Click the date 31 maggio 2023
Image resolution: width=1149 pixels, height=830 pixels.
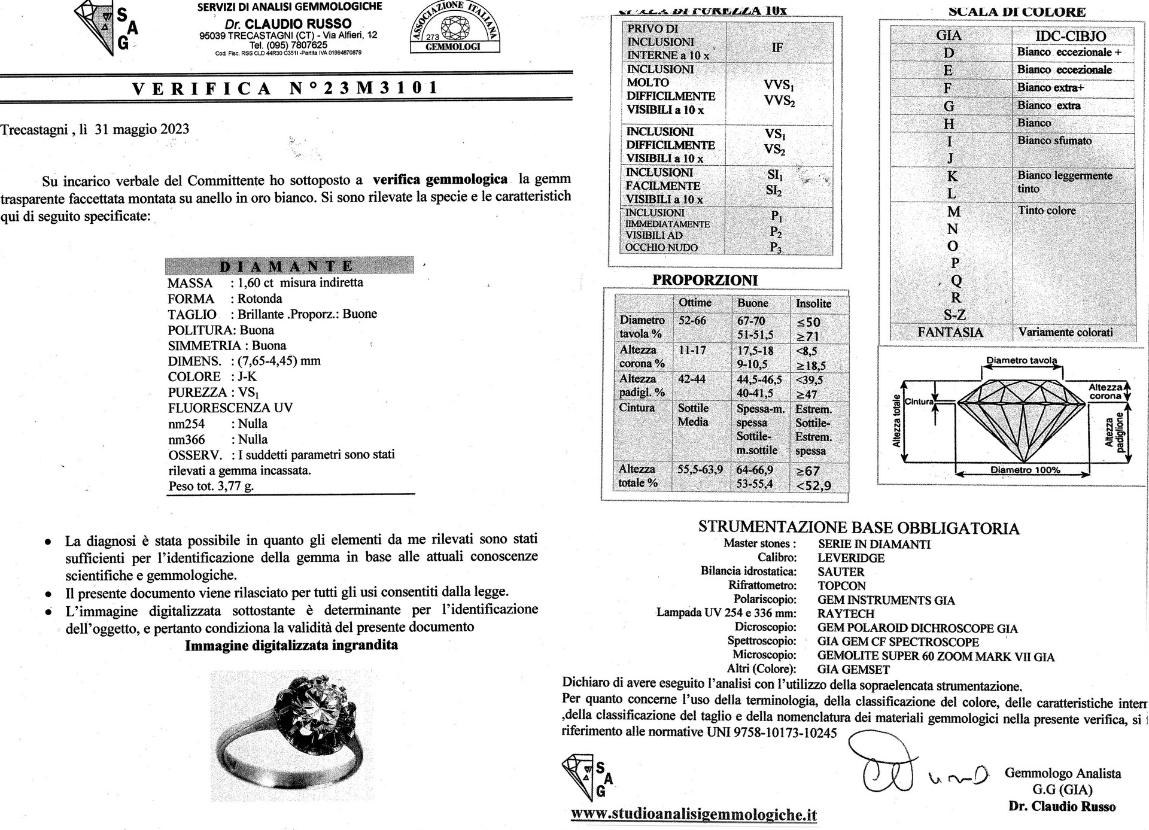[x=142, y=129]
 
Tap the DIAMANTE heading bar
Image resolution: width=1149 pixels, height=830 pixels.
[x=289, y=266]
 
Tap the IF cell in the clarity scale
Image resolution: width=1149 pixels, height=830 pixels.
[x=777, y=47]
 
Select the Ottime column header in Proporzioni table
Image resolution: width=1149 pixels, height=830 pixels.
[x=695, y=303]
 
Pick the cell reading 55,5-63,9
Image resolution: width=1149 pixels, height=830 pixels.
[x=700, y=470]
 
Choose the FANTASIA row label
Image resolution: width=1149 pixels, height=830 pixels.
[x=950, y=332]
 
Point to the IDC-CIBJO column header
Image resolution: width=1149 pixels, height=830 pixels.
[x=1071, y=36]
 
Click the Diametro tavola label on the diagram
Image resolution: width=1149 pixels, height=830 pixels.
[x=1022, y=360]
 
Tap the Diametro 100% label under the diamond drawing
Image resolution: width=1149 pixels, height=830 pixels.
[x=1025, y=470]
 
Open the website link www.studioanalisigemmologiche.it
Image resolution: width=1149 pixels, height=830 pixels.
[x=694, y=814]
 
